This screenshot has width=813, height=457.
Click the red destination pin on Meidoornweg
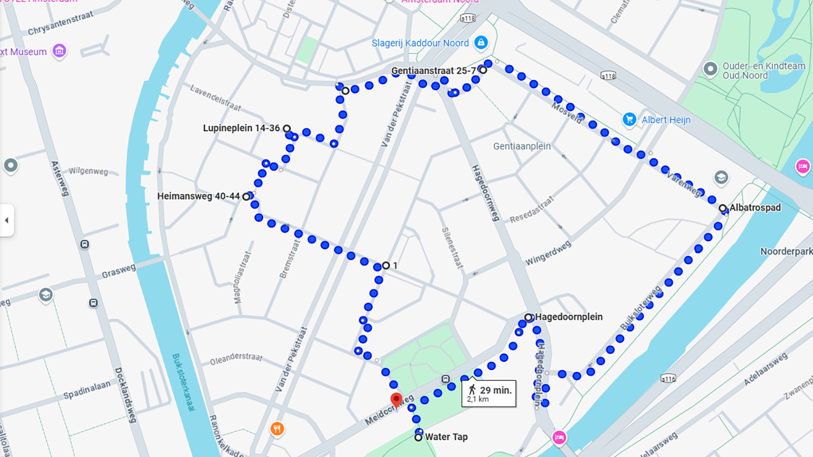click(x=396, y=400)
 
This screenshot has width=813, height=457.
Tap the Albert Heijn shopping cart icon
click(x=629, y=119)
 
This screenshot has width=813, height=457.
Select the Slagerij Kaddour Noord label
click(x=420, y=43)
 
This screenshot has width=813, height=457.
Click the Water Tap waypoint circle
click(x=418, y=437)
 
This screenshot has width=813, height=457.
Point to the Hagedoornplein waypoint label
click(x=569, y=317)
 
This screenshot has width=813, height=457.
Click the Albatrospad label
click(x=755, y=207)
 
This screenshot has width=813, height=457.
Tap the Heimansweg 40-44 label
click(x=198, y=196)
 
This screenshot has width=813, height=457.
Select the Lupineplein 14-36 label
click(x=241, y=128)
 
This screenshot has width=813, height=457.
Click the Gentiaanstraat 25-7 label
click(x=433, y=71)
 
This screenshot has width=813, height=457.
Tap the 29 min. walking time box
click(x=489, y=394)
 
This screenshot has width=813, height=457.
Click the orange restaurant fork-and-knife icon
click(x=277, y=429)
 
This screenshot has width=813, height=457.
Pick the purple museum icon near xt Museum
click(x=59, y=51)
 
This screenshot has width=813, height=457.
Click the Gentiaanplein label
click(x=522, y=146)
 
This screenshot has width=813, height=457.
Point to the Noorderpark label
click(x=786, y=251)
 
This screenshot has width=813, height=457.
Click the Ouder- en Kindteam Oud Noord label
click(x=763, y=71)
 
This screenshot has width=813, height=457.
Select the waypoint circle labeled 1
click(x=386, y=266)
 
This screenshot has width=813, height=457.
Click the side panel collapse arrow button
click(x=7, y=220)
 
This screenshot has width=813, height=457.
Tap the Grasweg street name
click(x=118, y=271)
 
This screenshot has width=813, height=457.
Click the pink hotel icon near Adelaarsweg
click(x=559, y=437)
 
